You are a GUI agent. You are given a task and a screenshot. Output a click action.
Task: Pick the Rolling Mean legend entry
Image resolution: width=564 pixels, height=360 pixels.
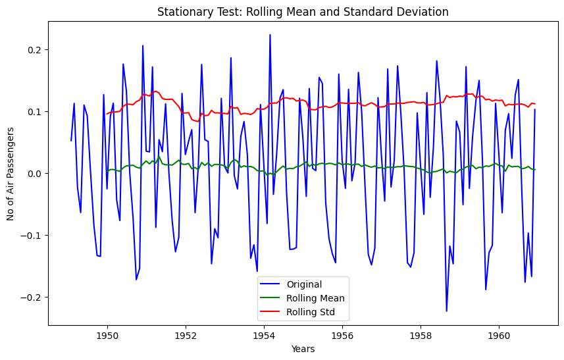303,298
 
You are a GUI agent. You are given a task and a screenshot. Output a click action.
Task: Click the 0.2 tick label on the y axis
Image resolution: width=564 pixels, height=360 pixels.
33,50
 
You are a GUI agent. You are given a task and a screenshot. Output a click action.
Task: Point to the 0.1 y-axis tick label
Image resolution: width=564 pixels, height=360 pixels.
33,112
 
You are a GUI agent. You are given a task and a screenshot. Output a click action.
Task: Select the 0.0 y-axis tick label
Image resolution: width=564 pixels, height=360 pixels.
33,174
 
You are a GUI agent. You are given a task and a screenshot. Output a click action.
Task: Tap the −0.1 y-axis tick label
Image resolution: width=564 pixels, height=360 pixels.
30,236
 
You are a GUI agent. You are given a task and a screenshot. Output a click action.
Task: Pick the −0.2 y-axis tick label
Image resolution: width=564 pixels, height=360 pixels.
30,297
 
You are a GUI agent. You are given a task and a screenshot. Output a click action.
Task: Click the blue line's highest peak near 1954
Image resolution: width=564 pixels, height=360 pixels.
270,35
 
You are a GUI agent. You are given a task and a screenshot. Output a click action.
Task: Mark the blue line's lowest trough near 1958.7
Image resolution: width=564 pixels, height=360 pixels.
446,311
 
